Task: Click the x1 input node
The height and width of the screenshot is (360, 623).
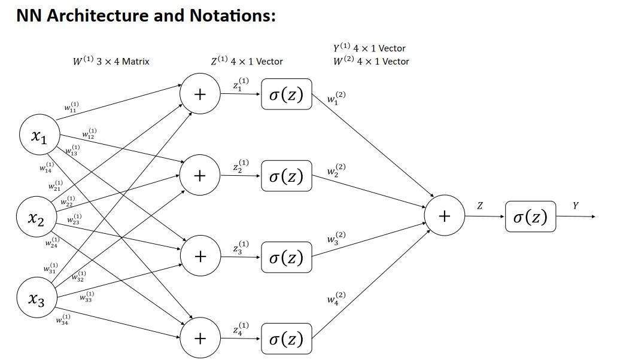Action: point(39,136)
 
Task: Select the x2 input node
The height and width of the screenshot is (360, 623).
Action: point(37,219)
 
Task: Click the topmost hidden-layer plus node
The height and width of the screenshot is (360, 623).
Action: point(200,94)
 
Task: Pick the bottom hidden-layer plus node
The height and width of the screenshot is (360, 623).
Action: point(200,338)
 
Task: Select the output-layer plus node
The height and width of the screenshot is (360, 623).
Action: point(444,216)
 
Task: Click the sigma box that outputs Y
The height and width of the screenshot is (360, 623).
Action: point(530,216)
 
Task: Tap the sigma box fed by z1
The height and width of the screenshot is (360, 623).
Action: point(286,94)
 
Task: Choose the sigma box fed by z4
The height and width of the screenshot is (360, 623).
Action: point(286,339)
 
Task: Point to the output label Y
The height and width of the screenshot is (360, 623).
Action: point(575,206)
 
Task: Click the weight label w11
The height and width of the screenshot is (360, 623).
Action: point(71,108)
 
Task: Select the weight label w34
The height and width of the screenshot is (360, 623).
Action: point(63,320)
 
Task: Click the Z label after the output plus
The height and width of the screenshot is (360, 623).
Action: point(480,206)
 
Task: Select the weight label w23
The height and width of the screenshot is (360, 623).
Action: point(74,220)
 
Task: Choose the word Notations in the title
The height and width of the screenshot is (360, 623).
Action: point(232,16)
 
